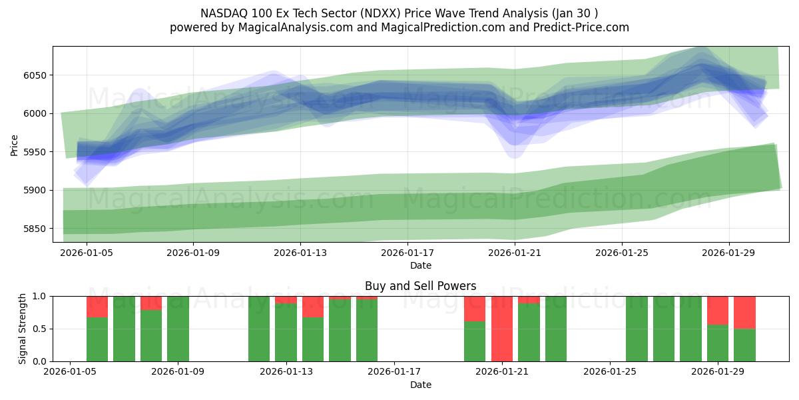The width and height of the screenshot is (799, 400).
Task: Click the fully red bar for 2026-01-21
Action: click(502, 329)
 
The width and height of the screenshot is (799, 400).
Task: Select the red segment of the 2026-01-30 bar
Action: click(744, 312)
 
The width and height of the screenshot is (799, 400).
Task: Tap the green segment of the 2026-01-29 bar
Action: click(718, 343)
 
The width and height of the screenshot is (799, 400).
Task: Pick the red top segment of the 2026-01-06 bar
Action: click(97, 307)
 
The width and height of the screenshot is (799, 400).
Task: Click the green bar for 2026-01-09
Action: click(178, 329)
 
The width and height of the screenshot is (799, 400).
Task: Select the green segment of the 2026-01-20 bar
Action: click(475, 341)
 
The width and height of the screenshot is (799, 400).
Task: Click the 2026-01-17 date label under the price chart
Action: click(407, 253)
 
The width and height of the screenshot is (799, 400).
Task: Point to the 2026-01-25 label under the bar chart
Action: click(610, 372)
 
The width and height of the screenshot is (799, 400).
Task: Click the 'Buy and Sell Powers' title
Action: click(420, 287)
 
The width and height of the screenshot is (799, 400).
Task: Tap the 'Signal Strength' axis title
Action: click(23, 329)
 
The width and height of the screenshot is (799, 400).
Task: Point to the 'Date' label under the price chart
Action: click(420, 265)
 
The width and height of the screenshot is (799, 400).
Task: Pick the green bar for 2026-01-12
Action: click(259, 329)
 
